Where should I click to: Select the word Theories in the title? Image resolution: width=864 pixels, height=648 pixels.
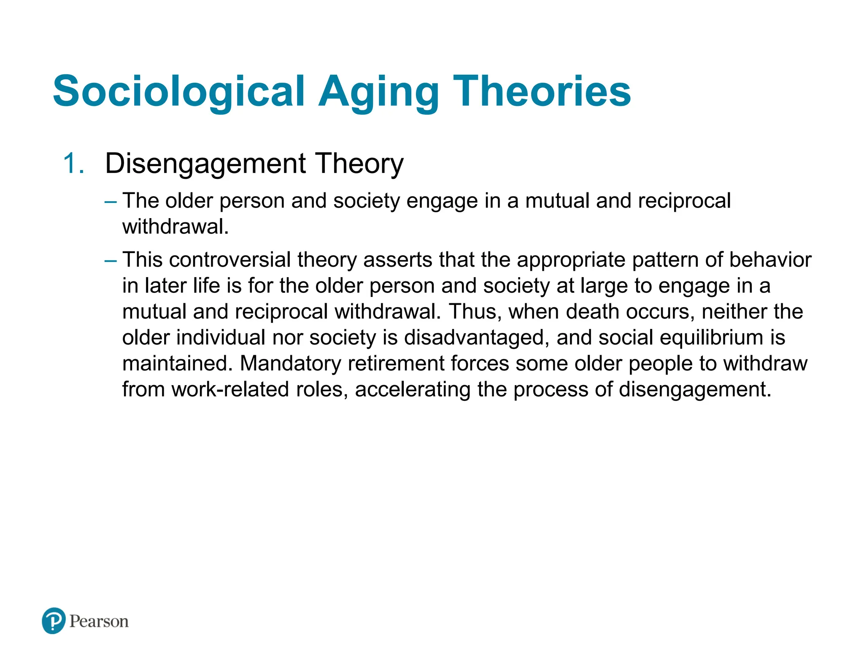pos(542,91)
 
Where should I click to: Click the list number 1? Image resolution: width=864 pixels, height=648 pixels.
pos(74,164)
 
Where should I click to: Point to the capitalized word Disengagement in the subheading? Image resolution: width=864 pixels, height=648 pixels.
pos(205,164)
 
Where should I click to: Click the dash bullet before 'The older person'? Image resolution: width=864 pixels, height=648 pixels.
pos(111,202)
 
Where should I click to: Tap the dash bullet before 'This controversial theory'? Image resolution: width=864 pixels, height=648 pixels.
pos(111,261)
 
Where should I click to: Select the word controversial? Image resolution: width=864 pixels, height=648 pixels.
pos(230,260)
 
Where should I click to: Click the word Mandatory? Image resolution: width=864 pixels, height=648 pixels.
pos(290,364)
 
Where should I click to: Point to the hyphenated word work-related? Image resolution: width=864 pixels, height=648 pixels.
pos(230,389)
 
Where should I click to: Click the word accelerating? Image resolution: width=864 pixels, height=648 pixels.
pos(413,389)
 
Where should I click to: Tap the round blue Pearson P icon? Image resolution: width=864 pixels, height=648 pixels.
pos(54,621)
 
